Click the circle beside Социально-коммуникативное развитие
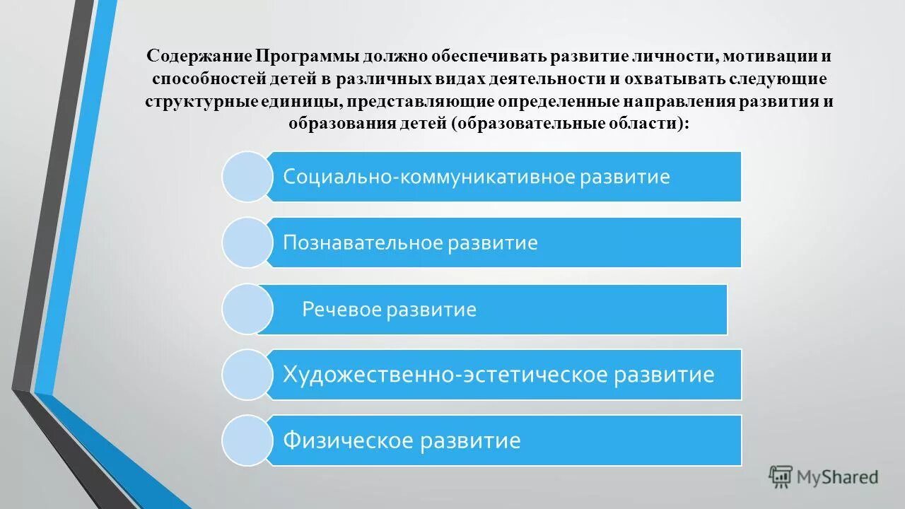[x=247, y=177]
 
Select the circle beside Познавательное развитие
[x=247, y=242]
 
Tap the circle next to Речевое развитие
[x=247, y=309]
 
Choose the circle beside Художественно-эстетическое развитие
[x=247, y=375]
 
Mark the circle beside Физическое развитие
[x=247, y=440]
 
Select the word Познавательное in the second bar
[x=362, y=243]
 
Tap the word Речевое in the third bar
[x=342, y=310]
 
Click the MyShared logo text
[x=837, y=477]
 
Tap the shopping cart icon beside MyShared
[x=781, y=477]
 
